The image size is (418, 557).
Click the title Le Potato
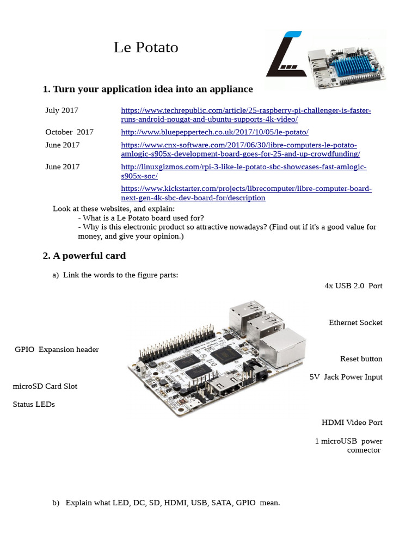click(x=146, y=48)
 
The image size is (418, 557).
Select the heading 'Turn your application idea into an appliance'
click(x=148, y=89)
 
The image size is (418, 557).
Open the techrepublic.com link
click(x=245, y=115)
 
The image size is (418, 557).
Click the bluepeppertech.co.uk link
click(x=214, y=132)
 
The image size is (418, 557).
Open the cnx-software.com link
click(x=239, y=150)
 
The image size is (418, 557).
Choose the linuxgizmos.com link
click(x=243, y=171)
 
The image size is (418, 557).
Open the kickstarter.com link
click(x=246, y=193)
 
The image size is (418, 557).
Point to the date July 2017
click(x=62, y=110)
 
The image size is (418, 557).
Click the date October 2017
click(x=69, y=132)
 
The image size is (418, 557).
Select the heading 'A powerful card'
click(x=84, y=256)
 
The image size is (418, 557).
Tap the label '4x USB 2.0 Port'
click(x=353, y=286)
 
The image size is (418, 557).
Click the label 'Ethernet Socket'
click(x=355, y=323)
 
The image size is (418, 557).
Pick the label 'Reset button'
click(x=361, y=359)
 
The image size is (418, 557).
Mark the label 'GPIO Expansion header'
click(x=57, y=350)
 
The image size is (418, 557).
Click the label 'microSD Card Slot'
click(x=45, y=386)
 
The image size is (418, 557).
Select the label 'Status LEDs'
click(x=34, y=405)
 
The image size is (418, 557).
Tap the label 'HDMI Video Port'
click(x=352, y=423)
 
